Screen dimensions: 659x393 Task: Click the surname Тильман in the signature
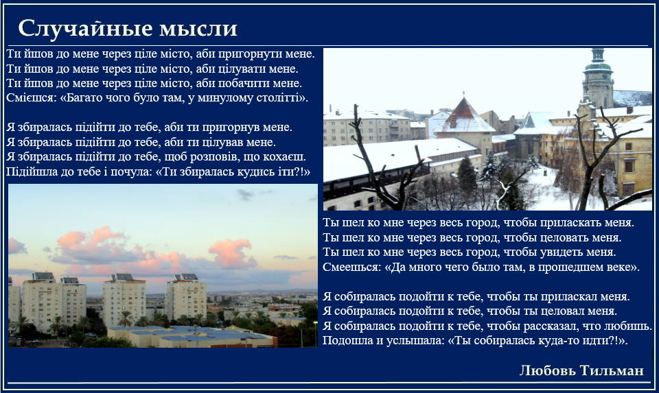[x=612, y=370]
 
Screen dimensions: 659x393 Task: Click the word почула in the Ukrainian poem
[x=132, y=171]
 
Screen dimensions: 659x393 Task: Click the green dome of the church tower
[x=598, y=67]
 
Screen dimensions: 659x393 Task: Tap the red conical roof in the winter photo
[x=463, y=110]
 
